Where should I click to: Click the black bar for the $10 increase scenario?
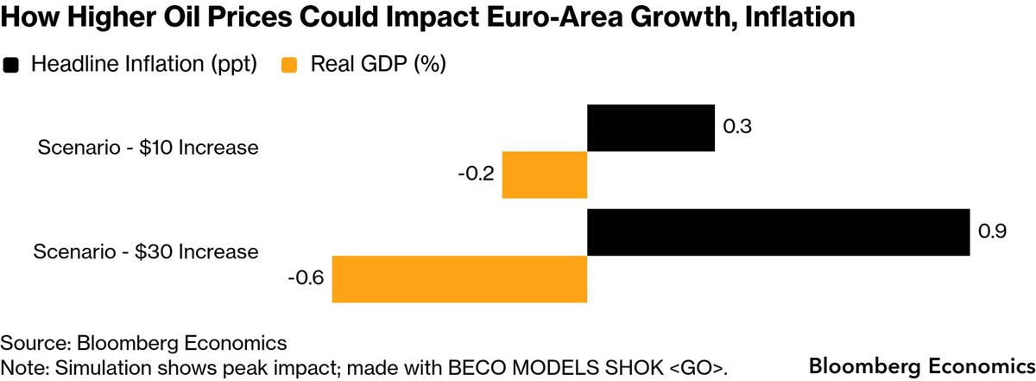[x=651, y=128]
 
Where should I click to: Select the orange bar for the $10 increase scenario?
[x=545, y=174]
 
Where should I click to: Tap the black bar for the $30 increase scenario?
[x=778, y=232]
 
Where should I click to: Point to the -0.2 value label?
[x=477, y=175]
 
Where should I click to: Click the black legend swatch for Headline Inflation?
[x=12, y=65]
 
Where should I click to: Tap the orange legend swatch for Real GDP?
[x=289, y=65]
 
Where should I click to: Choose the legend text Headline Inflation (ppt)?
[x=144, y=65]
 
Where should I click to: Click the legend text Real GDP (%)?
[x=377, y=65]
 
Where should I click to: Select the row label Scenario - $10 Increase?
[x=148, y=148]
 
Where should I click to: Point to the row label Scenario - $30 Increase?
[x=146, y=252]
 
